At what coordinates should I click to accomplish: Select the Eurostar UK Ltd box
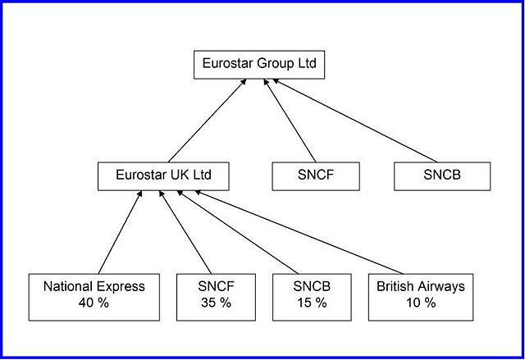point(163,175)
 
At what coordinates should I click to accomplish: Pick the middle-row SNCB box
point(442,175)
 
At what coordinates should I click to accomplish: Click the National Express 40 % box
point(94,295)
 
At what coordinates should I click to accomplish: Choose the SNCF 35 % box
point(217,295)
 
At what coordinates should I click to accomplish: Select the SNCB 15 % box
point(310,295)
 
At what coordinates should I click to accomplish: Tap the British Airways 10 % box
point(421,295)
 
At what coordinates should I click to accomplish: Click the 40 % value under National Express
point(94,303)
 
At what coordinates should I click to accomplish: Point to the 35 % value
point(217,303)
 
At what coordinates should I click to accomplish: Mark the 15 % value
point(310,303)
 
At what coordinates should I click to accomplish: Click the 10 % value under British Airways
point(421,303)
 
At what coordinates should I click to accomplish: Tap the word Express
point(120,287)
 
